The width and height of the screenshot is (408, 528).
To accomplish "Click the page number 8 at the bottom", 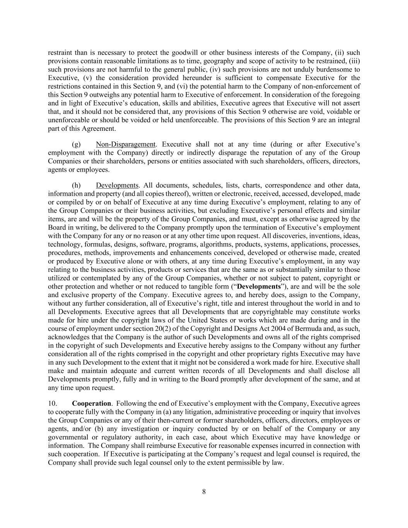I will click(x=204, y=492).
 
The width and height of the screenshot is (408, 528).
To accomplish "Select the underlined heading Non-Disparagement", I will click(x=125, y=144).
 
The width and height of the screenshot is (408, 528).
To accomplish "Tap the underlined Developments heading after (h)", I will click(x=117, y=185).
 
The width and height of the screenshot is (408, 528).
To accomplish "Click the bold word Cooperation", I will click(x=91, y=403).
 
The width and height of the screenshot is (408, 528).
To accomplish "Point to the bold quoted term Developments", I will click(x=259, y=287).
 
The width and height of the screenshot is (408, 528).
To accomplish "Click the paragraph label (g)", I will click(x=76, y=144).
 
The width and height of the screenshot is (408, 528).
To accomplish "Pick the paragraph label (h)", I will click(x=76, y=185).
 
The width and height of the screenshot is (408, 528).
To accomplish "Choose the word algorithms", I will click(x=218, y=244).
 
